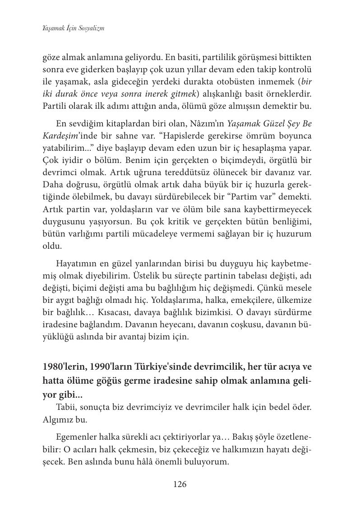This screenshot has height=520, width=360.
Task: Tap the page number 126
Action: (x=180, y=484)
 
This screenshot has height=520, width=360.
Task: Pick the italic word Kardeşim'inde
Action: (x=65, y=136)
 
